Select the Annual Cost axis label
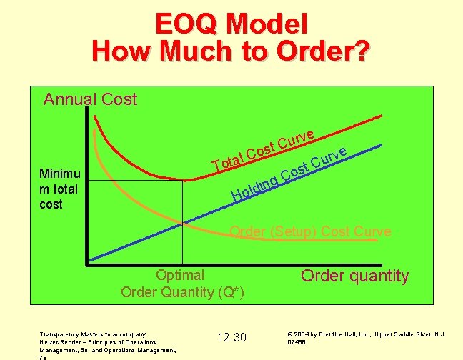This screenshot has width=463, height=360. [90, 99]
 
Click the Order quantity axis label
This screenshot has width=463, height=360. [354, 276]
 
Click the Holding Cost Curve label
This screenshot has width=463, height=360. [290, 176]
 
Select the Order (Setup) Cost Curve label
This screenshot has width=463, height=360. [309, 231]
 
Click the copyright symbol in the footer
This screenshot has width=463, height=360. [289, 334]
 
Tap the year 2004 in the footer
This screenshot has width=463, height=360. [303, 334]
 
